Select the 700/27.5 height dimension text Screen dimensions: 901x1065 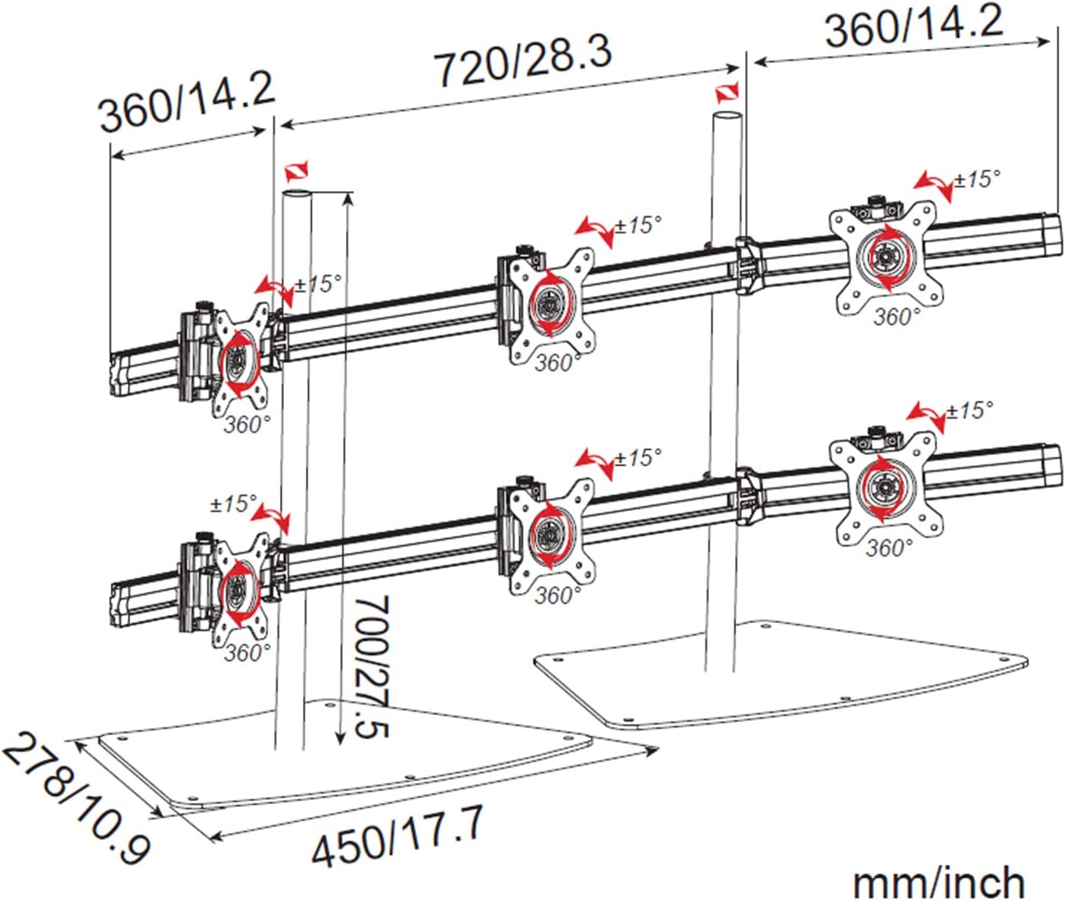[x=372, y=666]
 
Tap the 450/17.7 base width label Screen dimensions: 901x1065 [x=397, y=836]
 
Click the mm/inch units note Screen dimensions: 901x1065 [x=939, y=882]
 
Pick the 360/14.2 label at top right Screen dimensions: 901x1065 [x=914, y=26]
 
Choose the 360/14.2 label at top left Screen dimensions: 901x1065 [x=186, y=101]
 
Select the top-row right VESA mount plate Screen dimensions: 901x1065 [x=885, y=257]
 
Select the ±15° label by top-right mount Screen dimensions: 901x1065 [x=976, y=179]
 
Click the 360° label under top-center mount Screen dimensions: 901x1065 [x=557, y=363]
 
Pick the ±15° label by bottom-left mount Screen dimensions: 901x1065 [x=233, y=503]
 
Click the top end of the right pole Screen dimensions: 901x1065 [x=727, y=117]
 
